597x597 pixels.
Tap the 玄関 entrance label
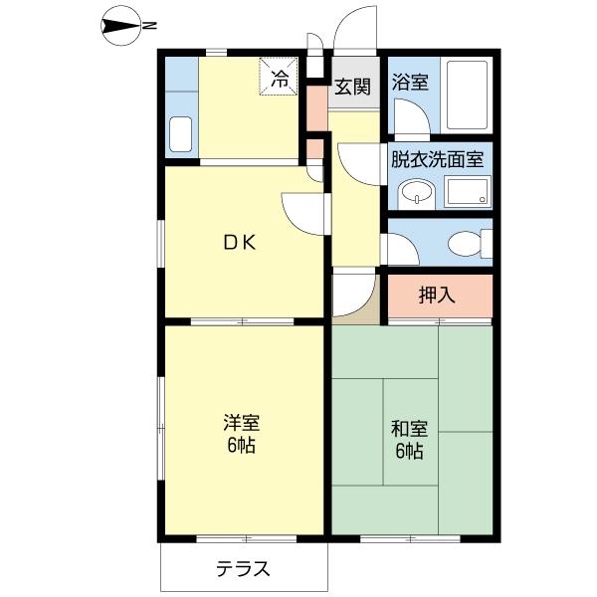coord(350,87)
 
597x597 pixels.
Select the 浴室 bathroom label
coord(410,83)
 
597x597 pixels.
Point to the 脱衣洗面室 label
coord(437,158)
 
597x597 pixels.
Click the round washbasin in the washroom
coord(414,192)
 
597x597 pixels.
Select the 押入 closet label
coord(437,295)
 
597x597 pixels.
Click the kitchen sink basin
coord(180,133)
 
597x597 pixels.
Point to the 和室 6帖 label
coord(408,440)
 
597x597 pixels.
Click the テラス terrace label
coord(243,570)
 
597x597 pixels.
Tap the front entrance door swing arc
coord(355,30)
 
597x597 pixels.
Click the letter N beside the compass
coord(150,26)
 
